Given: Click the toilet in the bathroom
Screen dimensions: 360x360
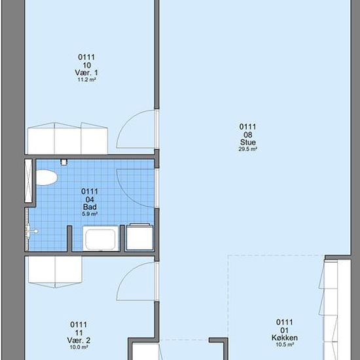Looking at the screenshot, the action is coord(46,177).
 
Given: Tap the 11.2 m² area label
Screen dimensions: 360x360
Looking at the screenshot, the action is coord(86,80).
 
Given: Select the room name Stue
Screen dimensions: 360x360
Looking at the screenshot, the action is coord(247,142).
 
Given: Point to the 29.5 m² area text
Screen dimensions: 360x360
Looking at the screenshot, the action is coord(247,149).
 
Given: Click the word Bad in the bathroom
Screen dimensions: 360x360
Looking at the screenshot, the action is coord(90,207).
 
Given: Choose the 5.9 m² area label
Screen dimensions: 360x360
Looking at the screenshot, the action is coord(90,214).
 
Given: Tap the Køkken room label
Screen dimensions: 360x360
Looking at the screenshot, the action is coord(285,338).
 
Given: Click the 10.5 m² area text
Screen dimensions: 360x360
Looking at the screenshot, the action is coord(285,344).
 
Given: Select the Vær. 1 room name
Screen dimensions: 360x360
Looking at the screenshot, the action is coord(86,73).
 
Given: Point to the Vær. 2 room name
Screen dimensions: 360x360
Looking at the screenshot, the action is coord(79,340).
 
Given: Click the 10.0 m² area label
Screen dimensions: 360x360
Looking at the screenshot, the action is coord(79,347).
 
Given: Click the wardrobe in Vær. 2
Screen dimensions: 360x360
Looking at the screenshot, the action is coord(55,272).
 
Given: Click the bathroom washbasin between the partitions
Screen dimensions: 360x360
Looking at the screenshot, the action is coord(101,238).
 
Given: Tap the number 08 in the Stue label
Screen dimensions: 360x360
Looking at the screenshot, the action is coord(247,135).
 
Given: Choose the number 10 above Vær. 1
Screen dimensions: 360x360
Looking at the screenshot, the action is coord(86,65).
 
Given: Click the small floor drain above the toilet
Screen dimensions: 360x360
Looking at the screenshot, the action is coord(64,162).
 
